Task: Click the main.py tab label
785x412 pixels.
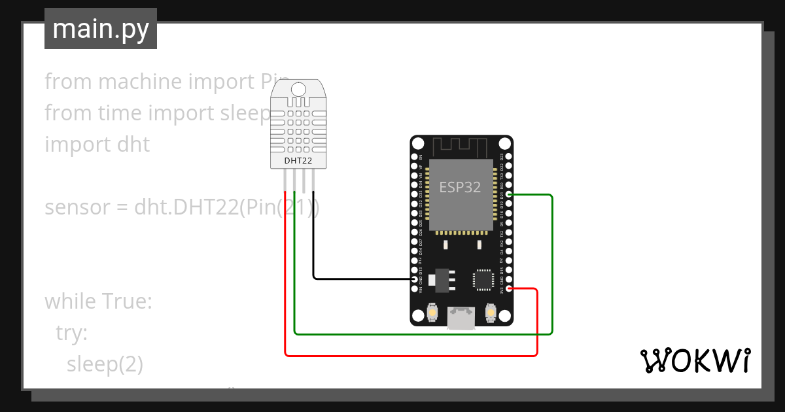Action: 101,29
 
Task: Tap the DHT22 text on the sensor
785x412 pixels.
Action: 298,160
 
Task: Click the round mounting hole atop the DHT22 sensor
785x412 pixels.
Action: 298,89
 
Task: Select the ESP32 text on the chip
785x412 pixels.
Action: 460,188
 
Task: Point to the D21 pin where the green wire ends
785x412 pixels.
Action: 509,195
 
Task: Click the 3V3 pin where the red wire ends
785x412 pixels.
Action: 509,288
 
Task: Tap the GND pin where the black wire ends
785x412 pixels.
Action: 414,279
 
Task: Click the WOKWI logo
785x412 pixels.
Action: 695,361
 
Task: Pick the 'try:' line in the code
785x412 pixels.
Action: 71,334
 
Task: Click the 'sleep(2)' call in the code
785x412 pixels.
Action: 105,364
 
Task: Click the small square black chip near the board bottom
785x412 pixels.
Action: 483,279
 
